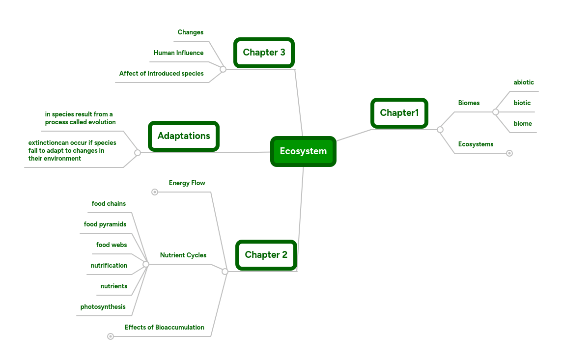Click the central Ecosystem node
pyautogui.click(x=303, y=151)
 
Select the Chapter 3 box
pyautogui.click(x=264, y=53)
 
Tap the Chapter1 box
pyautogui.click(x=399, y=113)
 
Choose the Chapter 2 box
pyautogui.click(x=266, y=255)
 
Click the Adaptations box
pyautogui.click(x=184, y=136)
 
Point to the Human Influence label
pyautogui.click(x=178, y=53)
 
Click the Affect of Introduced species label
pyautogui.click(x=161, y=74)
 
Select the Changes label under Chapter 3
pyautogui.click(x=190, y=32)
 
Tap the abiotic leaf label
pyautogui.click(x=524, y=83)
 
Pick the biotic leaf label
pyautogui.click(x=522, y=103)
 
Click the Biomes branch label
pyautogui.click(x=469, y=103)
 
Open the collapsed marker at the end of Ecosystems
pyautogui.click(x=509, y=153)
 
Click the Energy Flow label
pyautogui.click(x=187, y=183)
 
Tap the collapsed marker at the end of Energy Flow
pyautogui.click(x=155, y=192)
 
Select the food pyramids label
pyautogui.click(x=105, y=224)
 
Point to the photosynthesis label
pyautogui.click(x=103, y=307)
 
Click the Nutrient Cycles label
pyautogui.click(x=183, y=255)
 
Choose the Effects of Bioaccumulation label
pyautogui.click(x=164, y=328)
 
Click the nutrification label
pyautogui.click(x=109, y=266)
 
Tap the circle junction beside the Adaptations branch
pyautogui.click(x=138, y=153)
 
